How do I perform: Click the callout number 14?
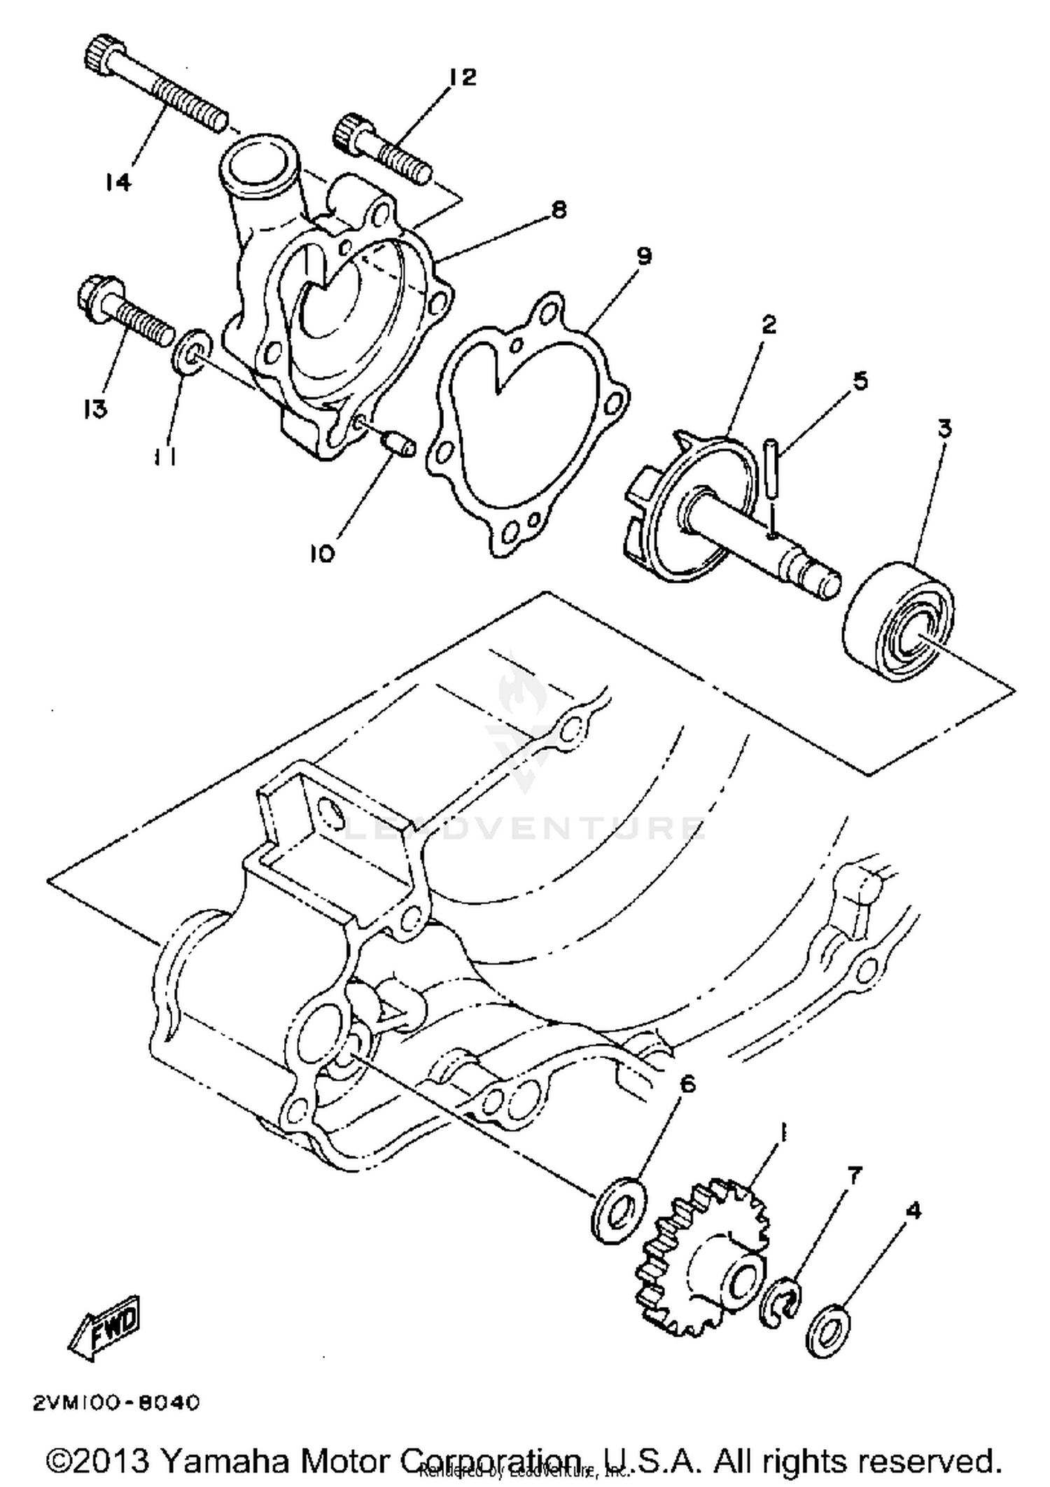pyautogui.click(x=118, y=183)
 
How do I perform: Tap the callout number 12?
pyautogui.click(x=463, y=76)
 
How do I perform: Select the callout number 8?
pyautogui.click(x=559, y=209)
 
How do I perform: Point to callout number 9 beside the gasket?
pyautogui.click(x=643, y=256)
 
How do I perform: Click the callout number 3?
pyautogui.click(x=944, y=428)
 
